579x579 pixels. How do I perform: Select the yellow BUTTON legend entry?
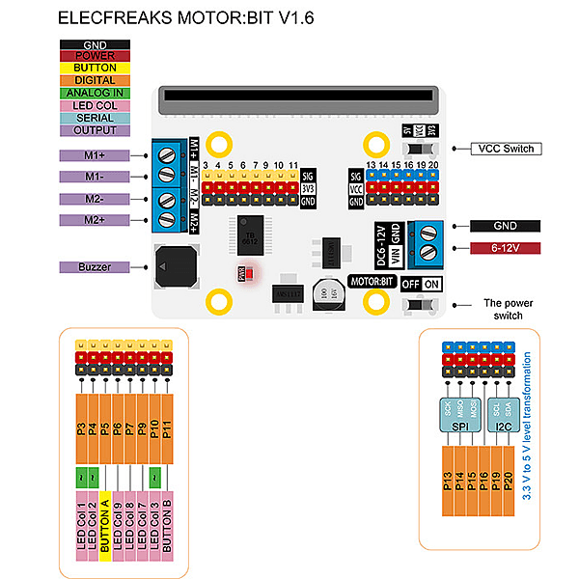pos(95,69)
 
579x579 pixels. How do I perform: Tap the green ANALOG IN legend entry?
pos(95,94)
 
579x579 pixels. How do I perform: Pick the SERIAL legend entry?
pos(95,118)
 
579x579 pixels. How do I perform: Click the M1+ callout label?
pos(95,155)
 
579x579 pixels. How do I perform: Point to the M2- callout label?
pos(95,199)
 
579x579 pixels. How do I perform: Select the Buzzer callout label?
pos(95,266)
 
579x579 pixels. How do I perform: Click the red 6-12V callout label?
pos(505,248)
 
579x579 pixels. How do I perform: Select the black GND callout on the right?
pos(505,226)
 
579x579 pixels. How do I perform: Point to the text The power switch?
pos(503,309)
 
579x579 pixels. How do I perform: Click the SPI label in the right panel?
pos(460,435)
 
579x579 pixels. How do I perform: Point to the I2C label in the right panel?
pos(503,435)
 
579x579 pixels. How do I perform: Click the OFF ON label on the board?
pos(421,284)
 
